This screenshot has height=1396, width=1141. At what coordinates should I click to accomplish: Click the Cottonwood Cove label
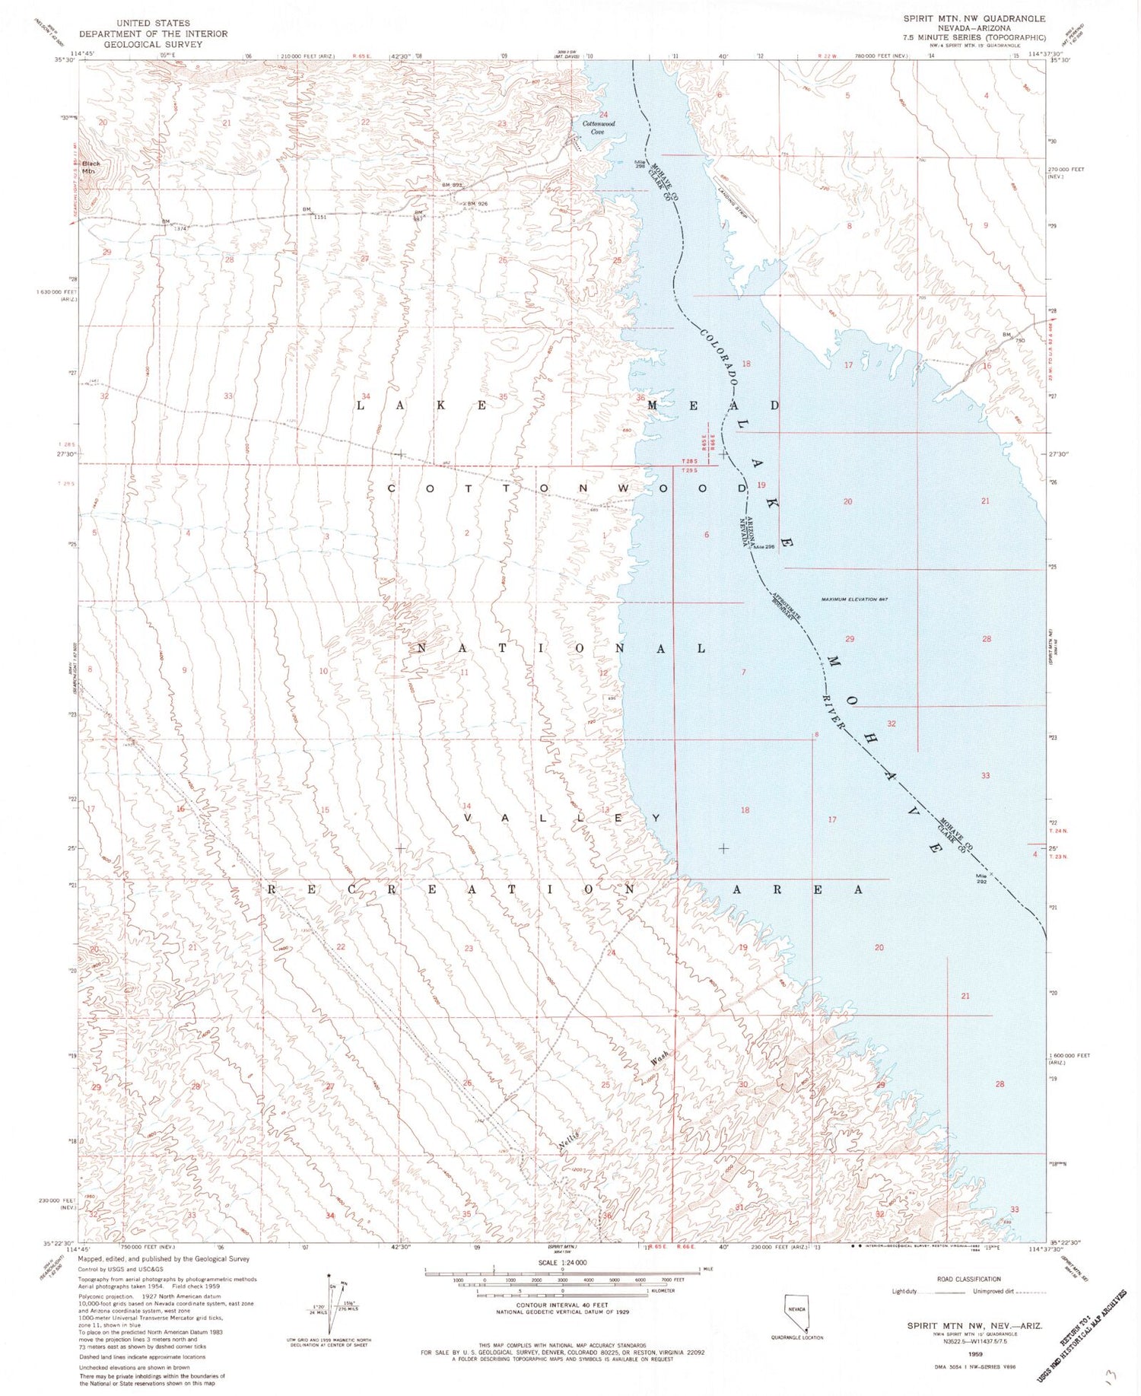(593, 127)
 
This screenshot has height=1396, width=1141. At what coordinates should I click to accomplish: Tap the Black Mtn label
(91, 167)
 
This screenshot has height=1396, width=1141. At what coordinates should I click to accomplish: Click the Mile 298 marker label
(641, 164)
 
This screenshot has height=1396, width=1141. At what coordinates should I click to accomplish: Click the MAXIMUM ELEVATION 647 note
(855, 599)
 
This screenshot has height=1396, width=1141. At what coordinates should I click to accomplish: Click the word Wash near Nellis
(659, 1057)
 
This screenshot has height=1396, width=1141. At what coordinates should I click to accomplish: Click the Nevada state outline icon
(796, 1312)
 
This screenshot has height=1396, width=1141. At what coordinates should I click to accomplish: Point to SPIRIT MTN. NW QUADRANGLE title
(974, 18)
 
